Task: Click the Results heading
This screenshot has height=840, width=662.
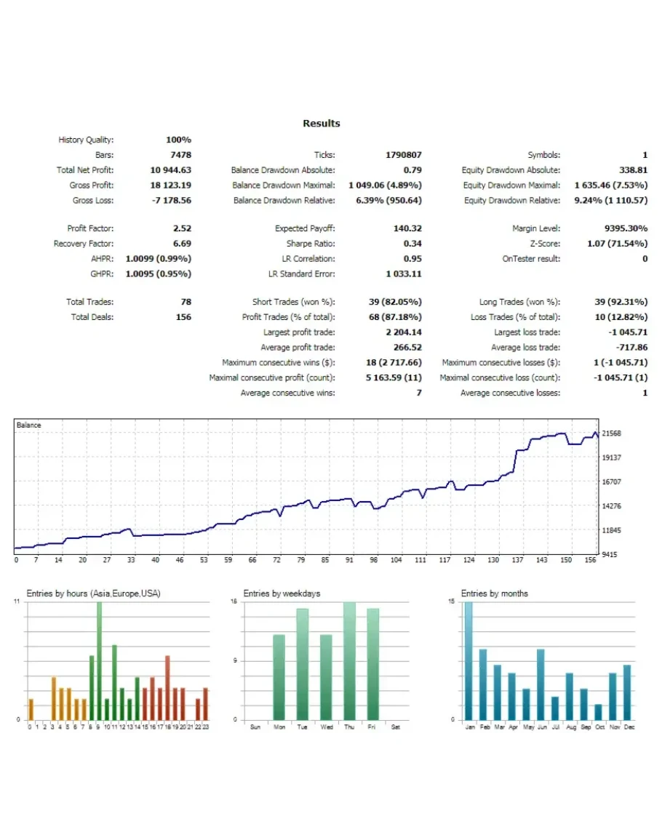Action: click(x=321, y=124)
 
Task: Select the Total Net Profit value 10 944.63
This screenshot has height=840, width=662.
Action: click(x=170, y=170)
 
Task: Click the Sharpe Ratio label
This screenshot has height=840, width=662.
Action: click(x=311, y=244)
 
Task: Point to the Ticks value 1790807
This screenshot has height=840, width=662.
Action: click(x=403, y=155)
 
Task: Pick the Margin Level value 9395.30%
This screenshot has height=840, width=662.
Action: click(x=621, y=228)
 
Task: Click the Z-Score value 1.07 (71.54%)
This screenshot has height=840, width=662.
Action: click(x=617, y=244)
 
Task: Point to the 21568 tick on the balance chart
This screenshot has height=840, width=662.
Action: click(x=612, y=433)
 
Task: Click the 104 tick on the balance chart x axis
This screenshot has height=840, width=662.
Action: click(x=396, y=560)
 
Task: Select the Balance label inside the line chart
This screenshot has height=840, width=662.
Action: click(x=29, y=425)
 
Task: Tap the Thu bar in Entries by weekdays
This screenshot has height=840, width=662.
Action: click(x=349, y=660)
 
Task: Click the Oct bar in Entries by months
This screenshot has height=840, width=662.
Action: click(x=598, y=711)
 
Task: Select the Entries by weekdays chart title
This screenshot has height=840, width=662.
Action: click(x=282, y=593)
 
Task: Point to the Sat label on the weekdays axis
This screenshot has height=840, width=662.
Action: click(x=395, y=727)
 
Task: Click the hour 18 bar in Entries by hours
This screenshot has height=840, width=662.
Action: click(x=167, y=687)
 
